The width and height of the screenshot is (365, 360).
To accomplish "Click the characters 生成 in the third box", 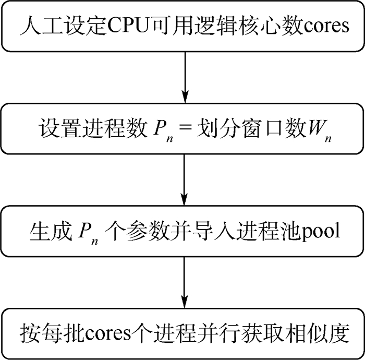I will pos(48,231).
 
